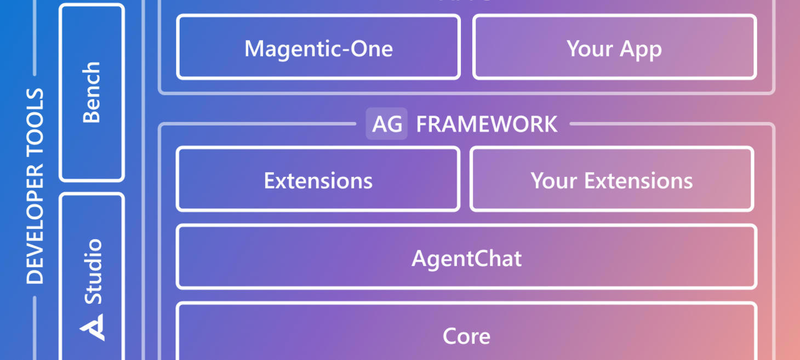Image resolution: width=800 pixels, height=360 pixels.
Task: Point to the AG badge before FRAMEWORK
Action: (x=387, y=124)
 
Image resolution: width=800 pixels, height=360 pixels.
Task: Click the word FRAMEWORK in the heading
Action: (x=487, y=124)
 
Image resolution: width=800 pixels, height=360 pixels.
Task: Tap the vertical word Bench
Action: (x=92, y=92)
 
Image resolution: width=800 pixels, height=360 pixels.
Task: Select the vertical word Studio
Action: (x=93, y=271)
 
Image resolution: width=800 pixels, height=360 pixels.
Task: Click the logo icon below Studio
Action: (x=92, y=327)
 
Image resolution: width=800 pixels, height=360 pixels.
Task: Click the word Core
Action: (x=466, y=336)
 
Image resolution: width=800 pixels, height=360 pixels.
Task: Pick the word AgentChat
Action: (x=466, y=258)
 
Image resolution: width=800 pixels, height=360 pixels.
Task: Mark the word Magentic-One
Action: (x=318, y=49)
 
